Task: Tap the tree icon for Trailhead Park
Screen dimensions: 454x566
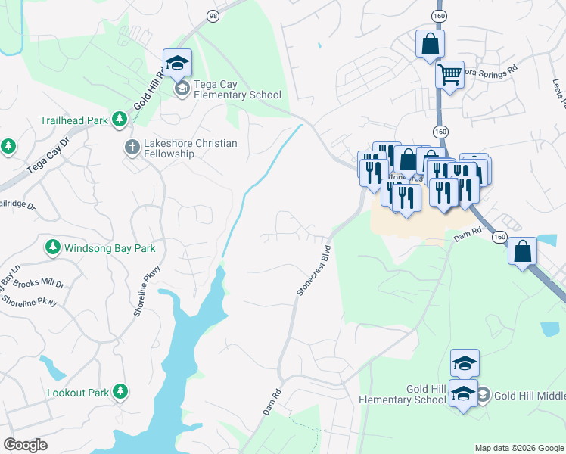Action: click(x=119, y=119)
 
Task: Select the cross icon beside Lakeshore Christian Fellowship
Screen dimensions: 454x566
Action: click(x=132, y=147)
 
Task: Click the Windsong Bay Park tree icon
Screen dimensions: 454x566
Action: click(x=53, y=247)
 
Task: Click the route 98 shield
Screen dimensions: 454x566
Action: click(x=213, y=16)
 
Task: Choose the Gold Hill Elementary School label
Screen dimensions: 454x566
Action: click(x=403, y=394)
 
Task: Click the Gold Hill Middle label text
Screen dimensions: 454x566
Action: click(x=530, y=394)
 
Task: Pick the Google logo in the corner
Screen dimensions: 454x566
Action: click(x=25, y=445)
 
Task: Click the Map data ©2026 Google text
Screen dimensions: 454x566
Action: click(x=518, y=448)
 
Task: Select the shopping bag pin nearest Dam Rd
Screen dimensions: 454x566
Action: click(x=522, y=253)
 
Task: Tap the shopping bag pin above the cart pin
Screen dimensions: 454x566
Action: click(x=430, y=45)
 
